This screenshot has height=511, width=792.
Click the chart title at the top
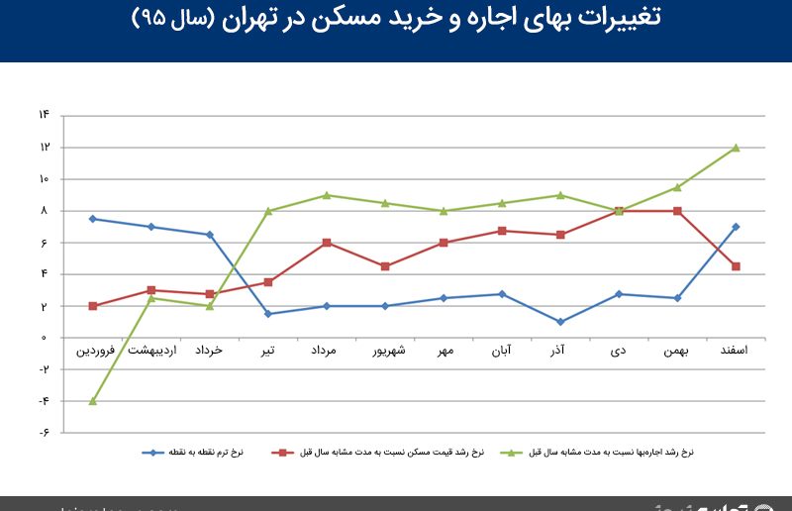396,18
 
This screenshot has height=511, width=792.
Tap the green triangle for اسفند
736,148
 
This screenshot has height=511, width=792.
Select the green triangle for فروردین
92,401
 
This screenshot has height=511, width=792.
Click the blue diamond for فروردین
92,219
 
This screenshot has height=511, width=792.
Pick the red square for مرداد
327,243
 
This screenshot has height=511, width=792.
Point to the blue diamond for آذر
560,322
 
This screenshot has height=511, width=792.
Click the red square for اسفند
736,266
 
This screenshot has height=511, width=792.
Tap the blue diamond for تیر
268,314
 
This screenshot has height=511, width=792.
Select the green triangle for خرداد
210,306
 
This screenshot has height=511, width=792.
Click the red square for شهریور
385,266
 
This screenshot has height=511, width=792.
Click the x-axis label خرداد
210,351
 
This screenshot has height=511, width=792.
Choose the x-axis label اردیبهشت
151,351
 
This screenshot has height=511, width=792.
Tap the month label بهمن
677,351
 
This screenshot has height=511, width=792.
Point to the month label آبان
502,351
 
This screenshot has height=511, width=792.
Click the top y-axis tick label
45,116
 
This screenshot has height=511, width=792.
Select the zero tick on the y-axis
45,338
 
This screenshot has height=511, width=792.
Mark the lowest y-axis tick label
45,433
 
